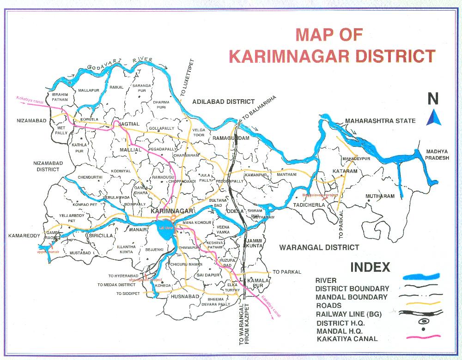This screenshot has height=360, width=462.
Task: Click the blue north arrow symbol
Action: click(x=433, y=118)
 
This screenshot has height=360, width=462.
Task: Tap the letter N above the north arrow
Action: click(x=433, y=99)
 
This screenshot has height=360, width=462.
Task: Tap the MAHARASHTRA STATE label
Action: click(x=380, y=121)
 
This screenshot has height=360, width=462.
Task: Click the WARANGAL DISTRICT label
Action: click(x=319, y=247)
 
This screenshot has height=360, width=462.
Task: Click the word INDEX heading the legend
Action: click(x=370, y=267)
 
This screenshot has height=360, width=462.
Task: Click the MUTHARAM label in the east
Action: click(x=380, y=196)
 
